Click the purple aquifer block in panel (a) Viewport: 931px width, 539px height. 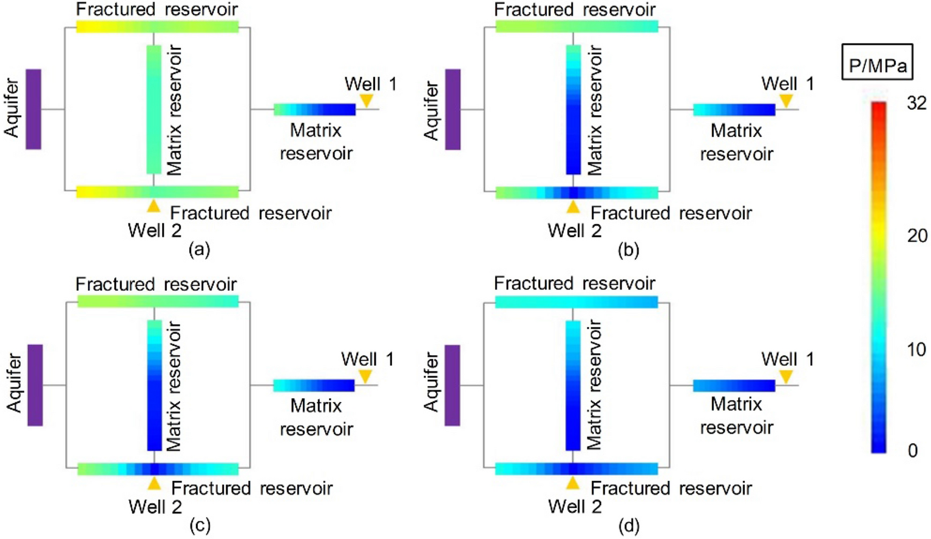33,109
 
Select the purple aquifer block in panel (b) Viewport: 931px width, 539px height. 453,109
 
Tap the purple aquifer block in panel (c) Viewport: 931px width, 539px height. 35,385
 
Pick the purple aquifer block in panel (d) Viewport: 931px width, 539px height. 453,385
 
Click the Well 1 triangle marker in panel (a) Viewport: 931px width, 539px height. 367,100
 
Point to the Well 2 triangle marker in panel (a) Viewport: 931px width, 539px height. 154,206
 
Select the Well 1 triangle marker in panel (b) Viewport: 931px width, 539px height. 786,100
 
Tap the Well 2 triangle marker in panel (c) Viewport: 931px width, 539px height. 154,483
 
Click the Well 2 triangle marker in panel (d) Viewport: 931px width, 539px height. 572,483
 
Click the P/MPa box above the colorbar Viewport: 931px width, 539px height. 877,63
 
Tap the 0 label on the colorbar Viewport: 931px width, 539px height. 912,450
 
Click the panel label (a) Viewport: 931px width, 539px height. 199,249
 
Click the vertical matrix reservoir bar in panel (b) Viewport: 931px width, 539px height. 573,109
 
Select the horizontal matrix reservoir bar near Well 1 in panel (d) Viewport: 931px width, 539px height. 734,385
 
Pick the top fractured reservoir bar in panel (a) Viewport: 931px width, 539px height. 157,27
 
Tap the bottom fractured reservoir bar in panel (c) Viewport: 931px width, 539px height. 158,469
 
